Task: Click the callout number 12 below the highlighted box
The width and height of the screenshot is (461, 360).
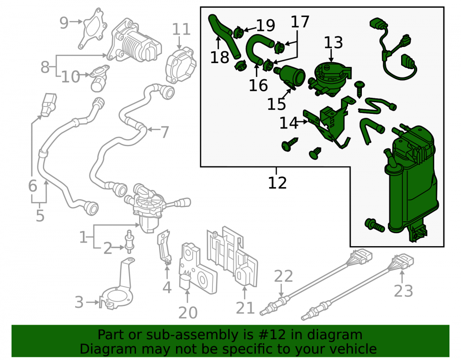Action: point(277,183)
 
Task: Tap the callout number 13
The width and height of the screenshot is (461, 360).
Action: point(333,42)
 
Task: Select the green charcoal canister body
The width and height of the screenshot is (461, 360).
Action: point(412,182)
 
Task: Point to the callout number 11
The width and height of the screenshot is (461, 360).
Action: point(181,29)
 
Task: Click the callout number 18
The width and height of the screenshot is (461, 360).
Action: point(219,57)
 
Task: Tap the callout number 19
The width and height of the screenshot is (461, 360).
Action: point(266,25)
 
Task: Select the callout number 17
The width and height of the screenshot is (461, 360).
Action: point(300,22)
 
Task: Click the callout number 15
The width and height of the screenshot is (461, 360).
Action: point(276,104)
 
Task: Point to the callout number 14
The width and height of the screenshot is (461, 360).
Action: point(289,123)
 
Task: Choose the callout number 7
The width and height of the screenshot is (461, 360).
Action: point(165,132)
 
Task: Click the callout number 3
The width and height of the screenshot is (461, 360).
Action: point(79,302)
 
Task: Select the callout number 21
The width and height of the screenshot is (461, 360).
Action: point(245,308)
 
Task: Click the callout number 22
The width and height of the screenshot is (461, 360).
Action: point(284,276)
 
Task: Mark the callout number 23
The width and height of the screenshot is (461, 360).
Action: point(403,291)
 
